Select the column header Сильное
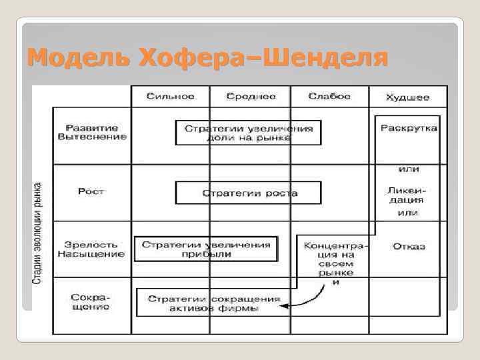point(171,96)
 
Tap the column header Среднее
point(251,96)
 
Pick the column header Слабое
point(329,96)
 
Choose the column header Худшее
point(407,97)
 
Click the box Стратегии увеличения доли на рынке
point(247,132)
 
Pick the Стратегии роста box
point(247,193)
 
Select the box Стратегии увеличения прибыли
point(206,249)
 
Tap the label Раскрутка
point(408,127)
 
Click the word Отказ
point(408,247)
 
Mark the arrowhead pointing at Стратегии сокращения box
point(284,307)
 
